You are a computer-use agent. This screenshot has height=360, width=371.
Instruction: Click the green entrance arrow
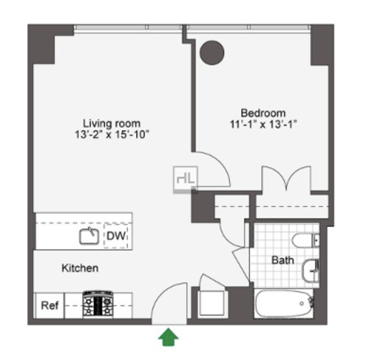click(168, 337)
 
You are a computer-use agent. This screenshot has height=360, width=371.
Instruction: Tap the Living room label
click(111, 123)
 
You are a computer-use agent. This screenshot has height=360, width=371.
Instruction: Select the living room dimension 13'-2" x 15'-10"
click(112, 134)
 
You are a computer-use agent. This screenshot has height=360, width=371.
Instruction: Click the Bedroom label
click(263, 113)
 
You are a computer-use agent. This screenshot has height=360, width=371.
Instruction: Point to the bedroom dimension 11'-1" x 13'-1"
click(263, 124)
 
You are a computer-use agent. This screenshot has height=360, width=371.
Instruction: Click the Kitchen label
click(80, 268)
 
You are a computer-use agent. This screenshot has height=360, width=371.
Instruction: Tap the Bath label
click(283, 260)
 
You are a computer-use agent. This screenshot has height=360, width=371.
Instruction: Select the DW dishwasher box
click(116, 236)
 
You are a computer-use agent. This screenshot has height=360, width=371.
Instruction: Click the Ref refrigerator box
click(50, 305)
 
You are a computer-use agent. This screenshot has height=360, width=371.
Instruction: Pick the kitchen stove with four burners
click(98, 305)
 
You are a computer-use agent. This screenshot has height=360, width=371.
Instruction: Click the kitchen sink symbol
click(89, 236)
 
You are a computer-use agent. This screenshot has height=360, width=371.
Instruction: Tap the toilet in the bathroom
click(306, 240)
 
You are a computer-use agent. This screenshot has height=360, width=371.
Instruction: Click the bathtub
click(284, 303)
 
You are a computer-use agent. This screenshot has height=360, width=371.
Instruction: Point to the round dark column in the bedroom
click(212, 53)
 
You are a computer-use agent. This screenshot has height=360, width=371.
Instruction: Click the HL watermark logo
click(185, 179)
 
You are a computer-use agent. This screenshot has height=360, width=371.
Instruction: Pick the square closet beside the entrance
click(212, 303)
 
